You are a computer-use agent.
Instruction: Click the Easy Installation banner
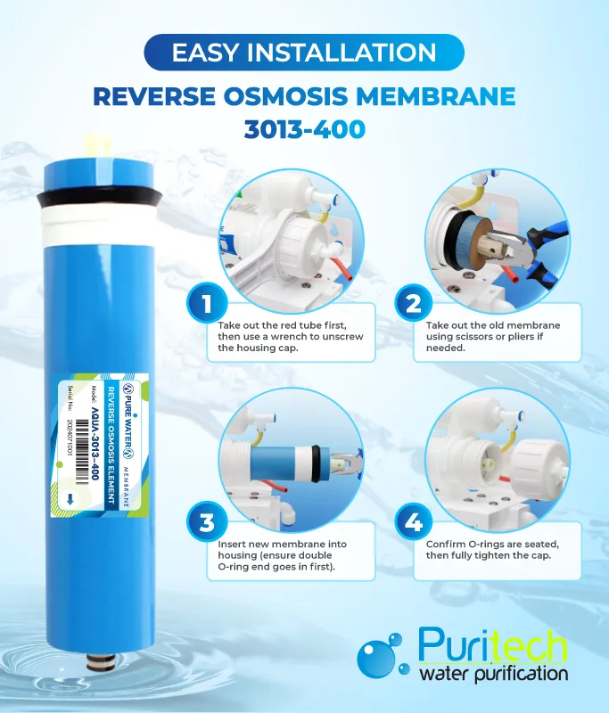tap(304, 53)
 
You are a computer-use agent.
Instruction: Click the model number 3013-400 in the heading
tap(305, 129)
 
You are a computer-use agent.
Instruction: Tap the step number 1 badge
tap(207, 303)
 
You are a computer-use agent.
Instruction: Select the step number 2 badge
tap(414, 303)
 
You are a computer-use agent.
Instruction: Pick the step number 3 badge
tap(207, 522)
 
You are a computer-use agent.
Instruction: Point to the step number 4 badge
tap(414, 522)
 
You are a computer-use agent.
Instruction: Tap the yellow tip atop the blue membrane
tap(96, 145)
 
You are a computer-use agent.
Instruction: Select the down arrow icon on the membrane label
tap(70, 500)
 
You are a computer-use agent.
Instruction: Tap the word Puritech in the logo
tap(492, 644)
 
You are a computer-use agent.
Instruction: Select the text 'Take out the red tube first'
tap(282, 325)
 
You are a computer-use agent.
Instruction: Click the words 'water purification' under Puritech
tap(493, 674)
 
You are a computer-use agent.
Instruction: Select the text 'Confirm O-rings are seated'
tap(492, 545)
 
